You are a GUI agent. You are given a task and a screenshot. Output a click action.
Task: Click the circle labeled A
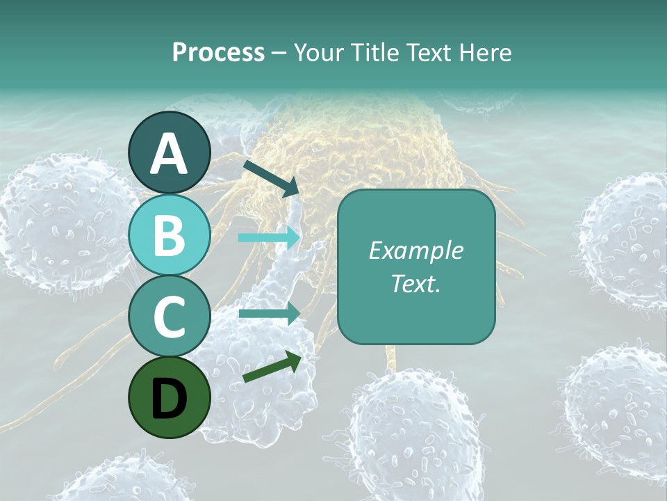[170, 153]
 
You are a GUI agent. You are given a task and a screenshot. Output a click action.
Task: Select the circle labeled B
[170, 235]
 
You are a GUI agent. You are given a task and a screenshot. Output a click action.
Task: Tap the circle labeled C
[170, 317]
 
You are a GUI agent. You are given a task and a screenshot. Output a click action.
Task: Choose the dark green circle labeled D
[170, 397]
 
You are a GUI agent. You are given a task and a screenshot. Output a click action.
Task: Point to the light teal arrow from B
[269, 237]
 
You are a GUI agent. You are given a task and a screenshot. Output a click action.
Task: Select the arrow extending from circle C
[269, 313]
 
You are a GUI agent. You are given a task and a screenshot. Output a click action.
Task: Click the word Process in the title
[218, 52]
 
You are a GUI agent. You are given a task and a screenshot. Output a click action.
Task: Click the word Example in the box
[416, 250]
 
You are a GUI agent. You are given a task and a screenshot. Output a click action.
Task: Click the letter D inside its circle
[170, 399]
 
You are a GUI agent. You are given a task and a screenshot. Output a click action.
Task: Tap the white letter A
[170, 154]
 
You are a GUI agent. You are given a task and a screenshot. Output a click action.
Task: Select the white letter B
[170, 236]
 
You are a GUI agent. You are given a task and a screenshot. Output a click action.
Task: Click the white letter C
[170, 317]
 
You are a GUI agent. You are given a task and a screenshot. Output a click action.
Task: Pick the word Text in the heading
[428, 52]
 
